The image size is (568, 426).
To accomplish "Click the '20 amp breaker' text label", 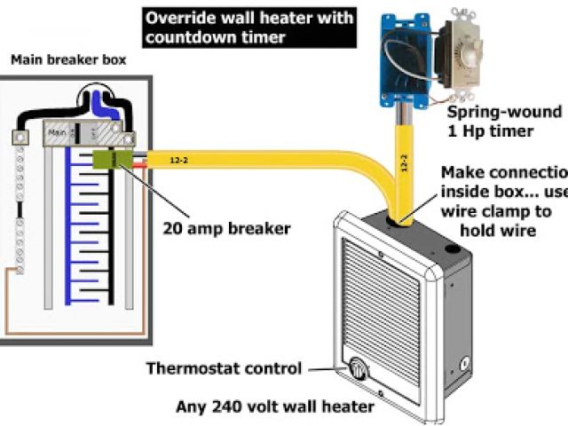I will pyautogui.click(x=226, y=228).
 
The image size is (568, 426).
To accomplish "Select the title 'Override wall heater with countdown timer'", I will pyautogui.click(x=249, y=27).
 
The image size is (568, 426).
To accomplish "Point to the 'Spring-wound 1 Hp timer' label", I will pyautogui.click(x=502, y=122).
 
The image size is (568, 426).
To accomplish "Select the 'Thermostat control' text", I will pyautogui.click(x=224, y=368).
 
